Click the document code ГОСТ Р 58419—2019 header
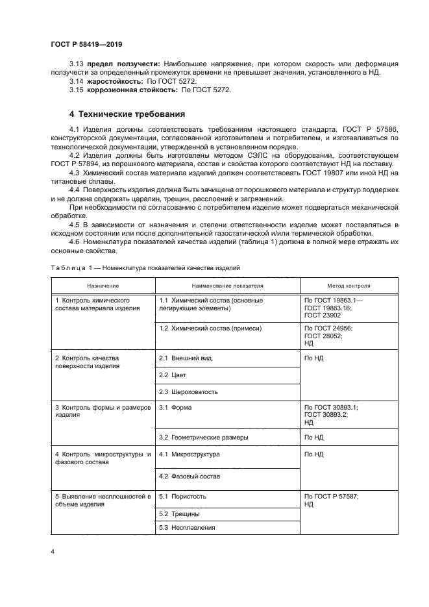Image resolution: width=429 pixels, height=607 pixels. point(86,44)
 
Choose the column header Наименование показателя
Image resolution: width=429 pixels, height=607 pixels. point(227,286)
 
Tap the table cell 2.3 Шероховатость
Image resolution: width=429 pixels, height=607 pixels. point(188,391)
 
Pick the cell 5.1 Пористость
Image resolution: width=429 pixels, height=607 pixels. point(182,496)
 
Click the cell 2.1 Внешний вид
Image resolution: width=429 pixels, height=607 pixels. point(185,358)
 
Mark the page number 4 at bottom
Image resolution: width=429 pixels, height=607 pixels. point(52,552)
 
